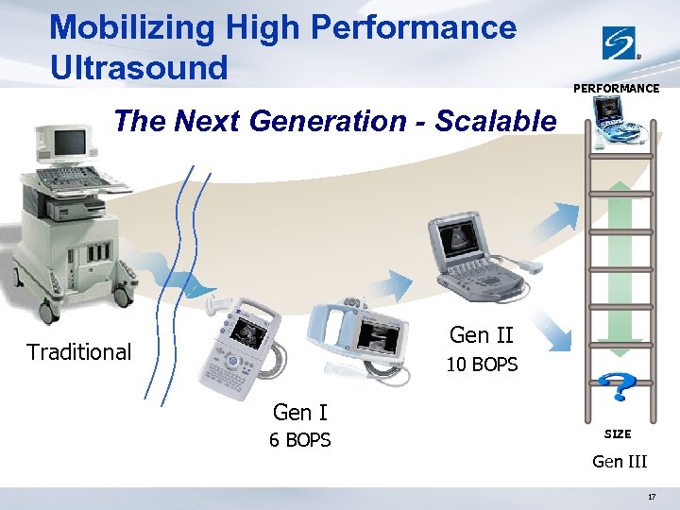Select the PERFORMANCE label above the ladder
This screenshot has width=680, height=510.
pos(617,89)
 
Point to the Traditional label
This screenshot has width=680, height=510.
pos(78,352)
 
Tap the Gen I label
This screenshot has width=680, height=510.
pos(299,413)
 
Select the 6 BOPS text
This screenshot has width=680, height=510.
pos(299,440)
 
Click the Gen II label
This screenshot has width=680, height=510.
pos(482,335)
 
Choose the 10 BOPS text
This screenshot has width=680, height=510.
pos(482,365)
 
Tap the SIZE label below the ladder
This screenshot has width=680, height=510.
pos(618,434)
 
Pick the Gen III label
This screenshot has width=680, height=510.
pos(619,462)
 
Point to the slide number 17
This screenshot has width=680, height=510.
pos(652,496)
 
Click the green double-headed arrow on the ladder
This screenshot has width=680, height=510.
pos(618,255)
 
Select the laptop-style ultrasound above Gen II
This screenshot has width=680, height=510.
pos(472,250)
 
